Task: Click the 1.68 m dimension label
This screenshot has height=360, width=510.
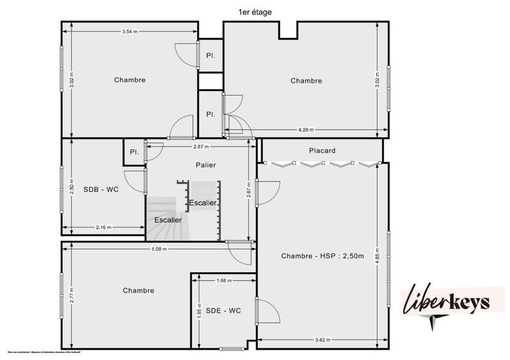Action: point(224,280)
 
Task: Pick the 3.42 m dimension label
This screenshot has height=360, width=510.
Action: point(323,340)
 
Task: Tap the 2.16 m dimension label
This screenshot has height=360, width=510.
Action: point(103,227)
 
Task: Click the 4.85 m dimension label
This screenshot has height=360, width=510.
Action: point(377,251)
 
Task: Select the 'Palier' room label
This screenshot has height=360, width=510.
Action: point(205,164)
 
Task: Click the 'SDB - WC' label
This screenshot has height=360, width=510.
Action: point(101,189)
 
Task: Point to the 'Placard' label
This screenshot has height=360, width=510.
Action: point(322,151)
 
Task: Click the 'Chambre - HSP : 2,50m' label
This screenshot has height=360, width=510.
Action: point(322,256)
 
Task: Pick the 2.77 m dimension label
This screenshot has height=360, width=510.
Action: point(72,294)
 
